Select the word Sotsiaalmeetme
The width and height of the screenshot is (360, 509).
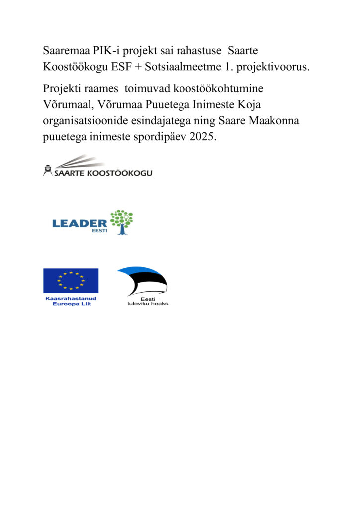click(x=186, y=67)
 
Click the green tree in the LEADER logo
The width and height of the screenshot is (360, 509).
click(x=121, y=221)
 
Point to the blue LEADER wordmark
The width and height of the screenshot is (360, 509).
click(x=80, y=224)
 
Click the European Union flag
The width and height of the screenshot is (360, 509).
click(x=71, y=280)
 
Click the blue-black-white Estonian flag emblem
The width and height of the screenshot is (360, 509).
click(x=142, y=281)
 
